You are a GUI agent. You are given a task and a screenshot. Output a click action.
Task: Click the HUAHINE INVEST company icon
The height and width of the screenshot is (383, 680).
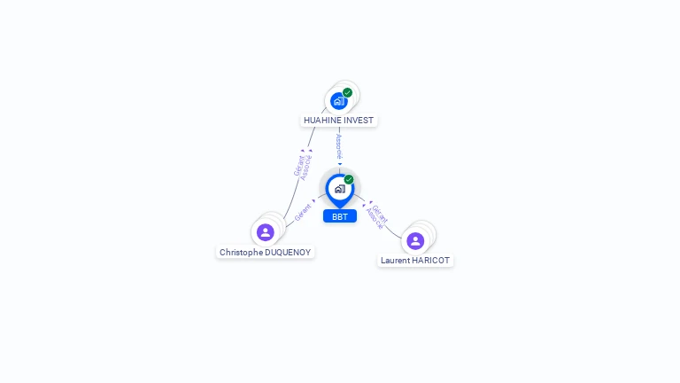click(338, 100)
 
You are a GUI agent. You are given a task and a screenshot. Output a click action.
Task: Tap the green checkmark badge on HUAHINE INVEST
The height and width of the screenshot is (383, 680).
click(347, 92)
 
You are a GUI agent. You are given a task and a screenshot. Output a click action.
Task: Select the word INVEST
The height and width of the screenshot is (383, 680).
click(360, 121)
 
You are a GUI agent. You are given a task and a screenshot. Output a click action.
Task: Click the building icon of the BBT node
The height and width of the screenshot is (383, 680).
click(339, 189)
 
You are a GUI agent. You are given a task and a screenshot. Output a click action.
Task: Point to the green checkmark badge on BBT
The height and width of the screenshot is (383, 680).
click(349, 179)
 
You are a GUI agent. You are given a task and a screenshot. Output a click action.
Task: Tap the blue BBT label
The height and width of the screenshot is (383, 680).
click(340, 216)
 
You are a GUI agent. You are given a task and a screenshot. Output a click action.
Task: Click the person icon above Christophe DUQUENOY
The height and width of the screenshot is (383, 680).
click(265, 232)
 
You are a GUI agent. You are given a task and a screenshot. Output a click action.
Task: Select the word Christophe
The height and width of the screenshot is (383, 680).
click(241, 253)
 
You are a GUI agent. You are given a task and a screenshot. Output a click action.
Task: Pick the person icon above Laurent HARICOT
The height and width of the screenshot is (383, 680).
click(415, 240)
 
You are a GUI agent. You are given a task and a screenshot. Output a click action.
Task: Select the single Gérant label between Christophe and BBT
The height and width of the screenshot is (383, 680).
click(303, 213)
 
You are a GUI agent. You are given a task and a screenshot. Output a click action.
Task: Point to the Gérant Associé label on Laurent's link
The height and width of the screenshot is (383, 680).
click(377, 217)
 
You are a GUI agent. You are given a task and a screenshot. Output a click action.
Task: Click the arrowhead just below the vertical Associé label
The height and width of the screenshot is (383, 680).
click(340, 164)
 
